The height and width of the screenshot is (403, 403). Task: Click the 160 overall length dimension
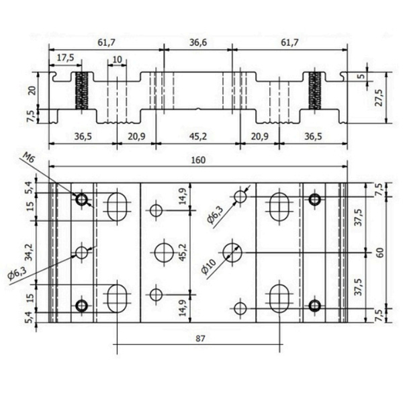pos(197,160)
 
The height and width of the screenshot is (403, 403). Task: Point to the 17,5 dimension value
pos(65,58)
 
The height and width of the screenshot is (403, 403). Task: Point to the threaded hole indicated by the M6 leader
pos(82,199)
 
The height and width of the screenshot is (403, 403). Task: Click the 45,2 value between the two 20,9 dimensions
pos(197,136)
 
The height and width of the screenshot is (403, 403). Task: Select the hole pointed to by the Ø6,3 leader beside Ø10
pos(241,196)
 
